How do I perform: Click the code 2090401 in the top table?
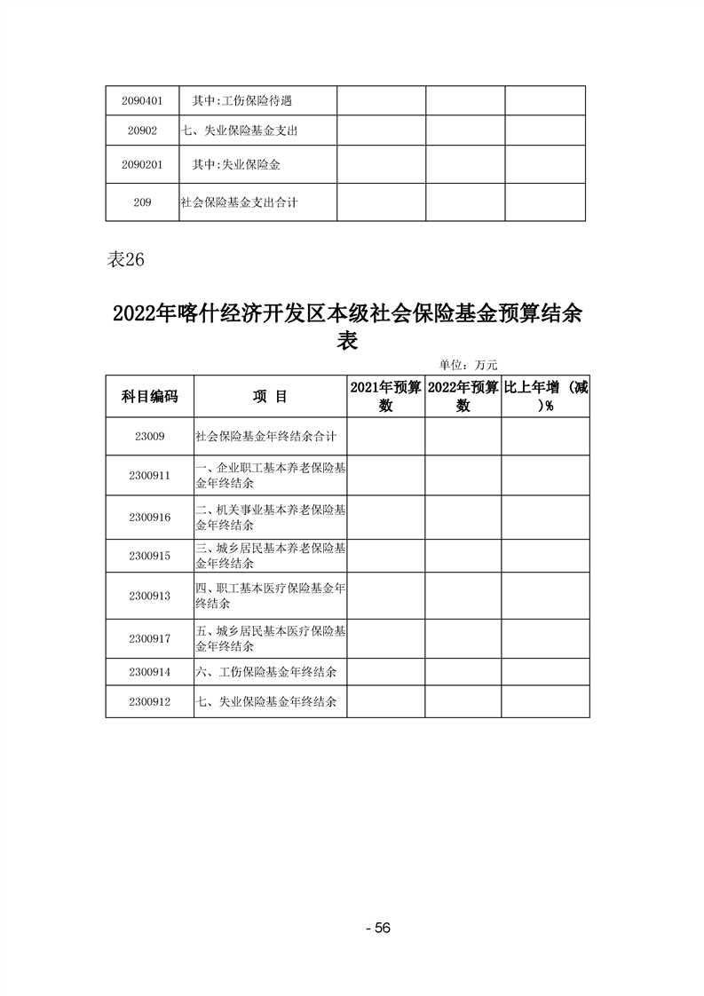pos(142,100)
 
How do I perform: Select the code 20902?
pos(142,130)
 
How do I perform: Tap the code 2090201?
pos(142,165)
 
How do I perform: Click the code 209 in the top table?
pos(142,202)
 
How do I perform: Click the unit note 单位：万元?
pos(469,364)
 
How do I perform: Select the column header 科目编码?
pos(149,397)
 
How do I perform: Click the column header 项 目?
pos(270,397)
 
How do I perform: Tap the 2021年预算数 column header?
pos(385,396)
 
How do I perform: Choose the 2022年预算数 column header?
pos(463,396)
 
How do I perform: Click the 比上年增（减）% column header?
pos(545,396)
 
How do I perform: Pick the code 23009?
pos(149,437)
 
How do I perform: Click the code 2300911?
pos(149,476)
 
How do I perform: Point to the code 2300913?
pos(149,596)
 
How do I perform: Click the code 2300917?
pos(149,638)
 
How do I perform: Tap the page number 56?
pos(378,929)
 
